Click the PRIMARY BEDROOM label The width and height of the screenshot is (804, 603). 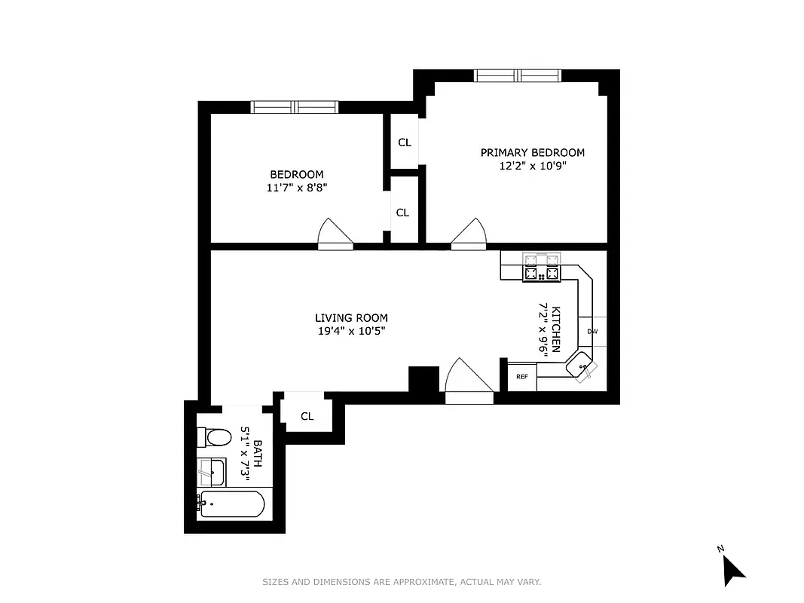532,152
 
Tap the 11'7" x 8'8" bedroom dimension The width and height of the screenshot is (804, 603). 297,188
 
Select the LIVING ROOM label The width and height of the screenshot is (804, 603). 351,318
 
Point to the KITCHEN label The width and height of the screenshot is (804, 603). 556,329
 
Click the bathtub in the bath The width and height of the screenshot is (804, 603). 231,504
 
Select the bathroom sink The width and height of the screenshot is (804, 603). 210,472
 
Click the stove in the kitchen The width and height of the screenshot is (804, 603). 542,267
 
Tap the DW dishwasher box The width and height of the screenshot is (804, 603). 592,332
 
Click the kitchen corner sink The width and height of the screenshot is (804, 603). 582,368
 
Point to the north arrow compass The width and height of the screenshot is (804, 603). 732,567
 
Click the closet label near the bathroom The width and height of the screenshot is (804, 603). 307,416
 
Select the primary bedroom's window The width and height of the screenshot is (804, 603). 517,75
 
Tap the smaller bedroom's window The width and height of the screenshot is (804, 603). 294,107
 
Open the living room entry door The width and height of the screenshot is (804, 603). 469,381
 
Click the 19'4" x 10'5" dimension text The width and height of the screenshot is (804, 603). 351,330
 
